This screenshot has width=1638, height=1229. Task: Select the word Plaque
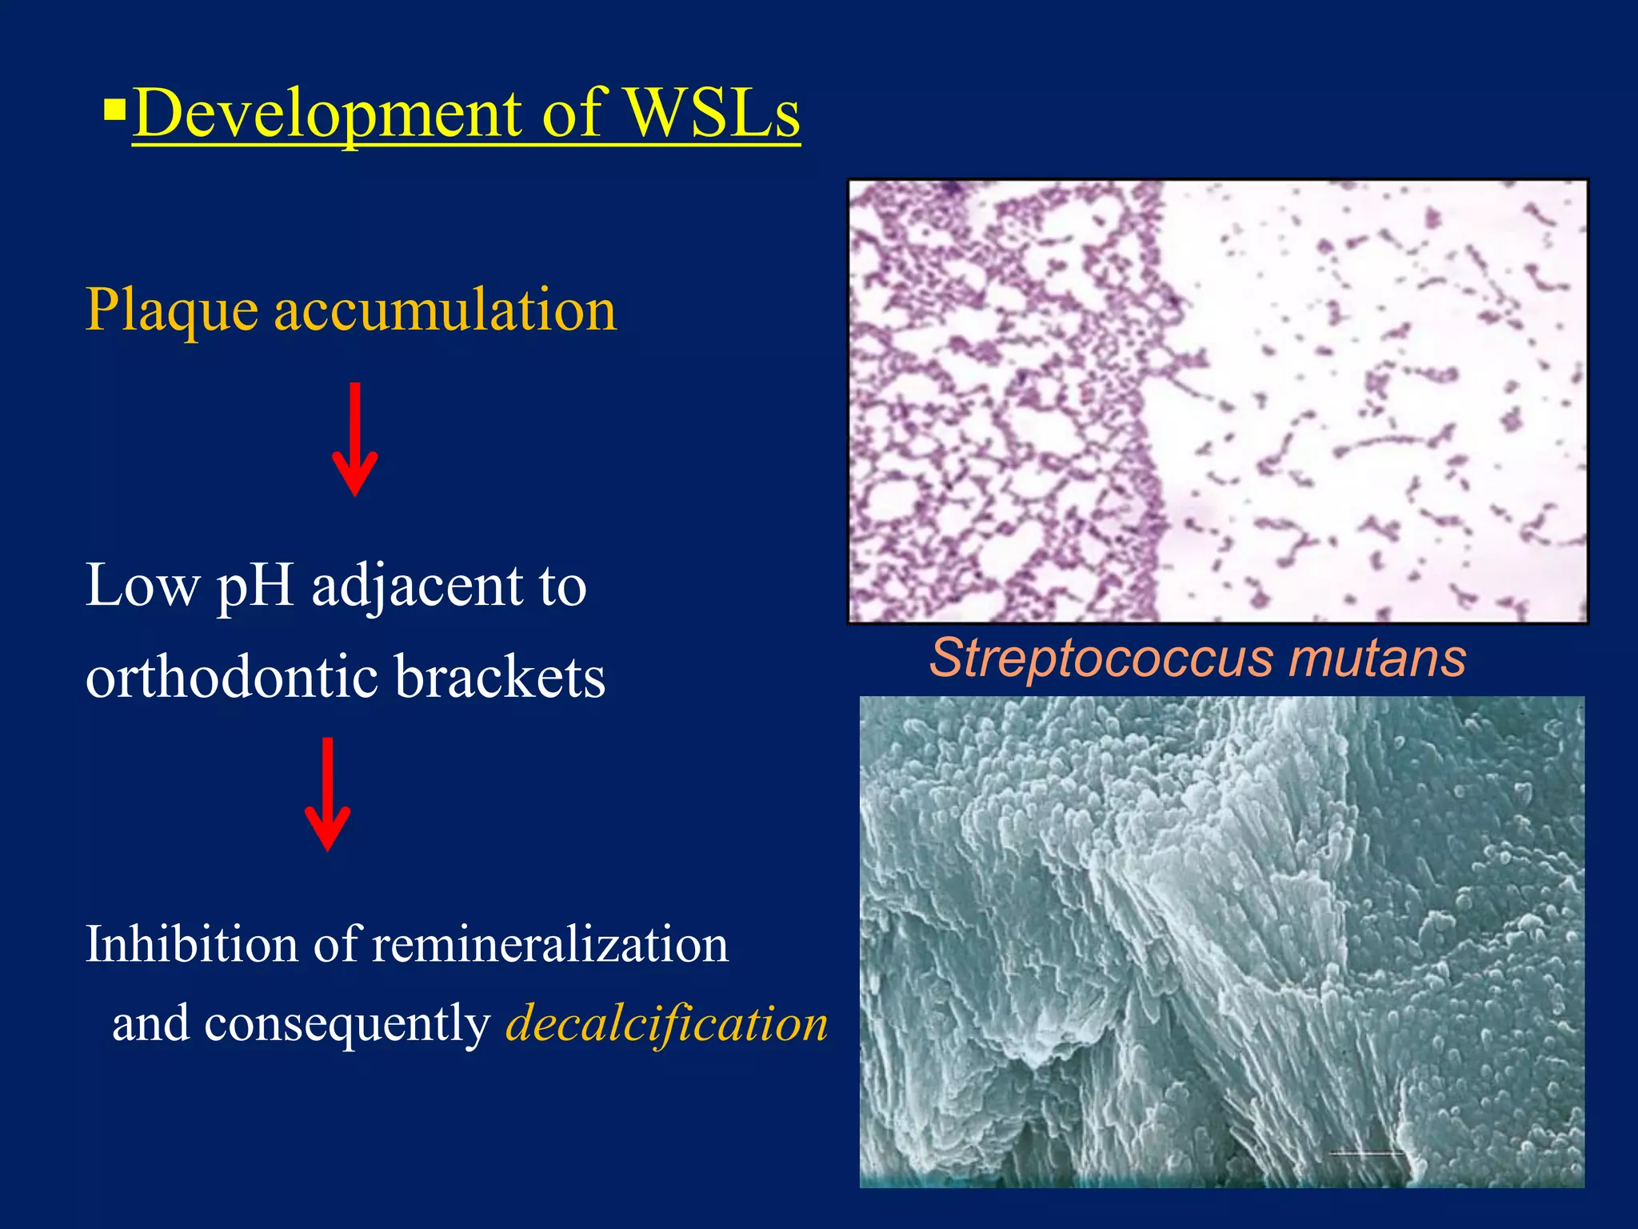coord(171,310)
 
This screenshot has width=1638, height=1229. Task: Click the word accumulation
coord(445,310)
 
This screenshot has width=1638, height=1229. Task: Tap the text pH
coord(255,586)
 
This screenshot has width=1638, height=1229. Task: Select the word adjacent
coord(416,586)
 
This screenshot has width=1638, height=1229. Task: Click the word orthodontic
coord(232,677)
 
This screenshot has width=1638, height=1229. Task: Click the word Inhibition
coord(190,944)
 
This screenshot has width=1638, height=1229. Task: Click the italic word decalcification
coord(666,1024)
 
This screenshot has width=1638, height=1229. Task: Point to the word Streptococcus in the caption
coord(1101,659)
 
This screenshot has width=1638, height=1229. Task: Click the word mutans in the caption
coord(1377,659)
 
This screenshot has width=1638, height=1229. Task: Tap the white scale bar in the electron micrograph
coord(1366,1153)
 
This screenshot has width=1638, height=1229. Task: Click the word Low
coord(142,586)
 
